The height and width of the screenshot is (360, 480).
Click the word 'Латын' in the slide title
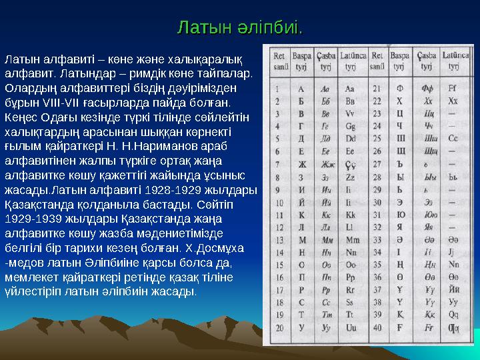tap(199, 29)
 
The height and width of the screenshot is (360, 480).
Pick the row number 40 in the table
tap(378, 327)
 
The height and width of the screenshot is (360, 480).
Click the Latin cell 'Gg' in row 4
tap(349, 125)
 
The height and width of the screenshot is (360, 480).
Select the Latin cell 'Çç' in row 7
tap(349, 164)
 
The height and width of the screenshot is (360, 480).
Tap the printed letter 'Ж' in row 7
tap(301, 164)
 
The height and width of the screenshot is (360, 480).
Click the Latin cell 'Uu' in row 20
tap(349, 327)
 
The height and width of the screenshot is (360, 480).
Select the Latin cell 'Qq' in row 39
tap(453, 315)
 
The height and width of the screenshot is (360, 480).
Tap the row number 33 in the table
tap(378, 239)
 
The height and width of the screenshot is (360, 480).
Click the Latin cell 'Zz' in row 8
tap(349, 177)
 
